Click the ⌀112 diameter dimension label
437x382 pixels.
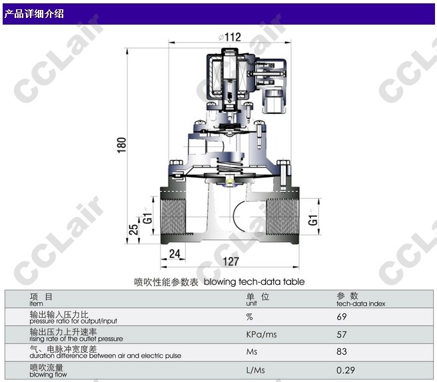pyautogui.click(x=230, y=37)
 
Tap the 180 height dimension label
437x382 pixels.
pyautogui.click(x=122, y=145)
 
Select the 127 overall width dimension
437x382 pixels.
pyautogui.click(x=231, y=262)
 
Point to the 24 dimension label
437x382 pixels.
pyautogui.click(x=175, y=254)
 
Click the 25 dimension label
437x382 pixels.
pyautogui.click(x=133, y=230)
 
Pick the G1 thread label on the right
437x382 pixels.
pyautogui.click(x=314, y=218)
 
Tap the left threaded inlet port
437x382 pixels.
pyautogui.click(x=173, y=216)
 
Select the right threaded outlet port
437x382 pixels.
pyautogui.click(x=282, y=216)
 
